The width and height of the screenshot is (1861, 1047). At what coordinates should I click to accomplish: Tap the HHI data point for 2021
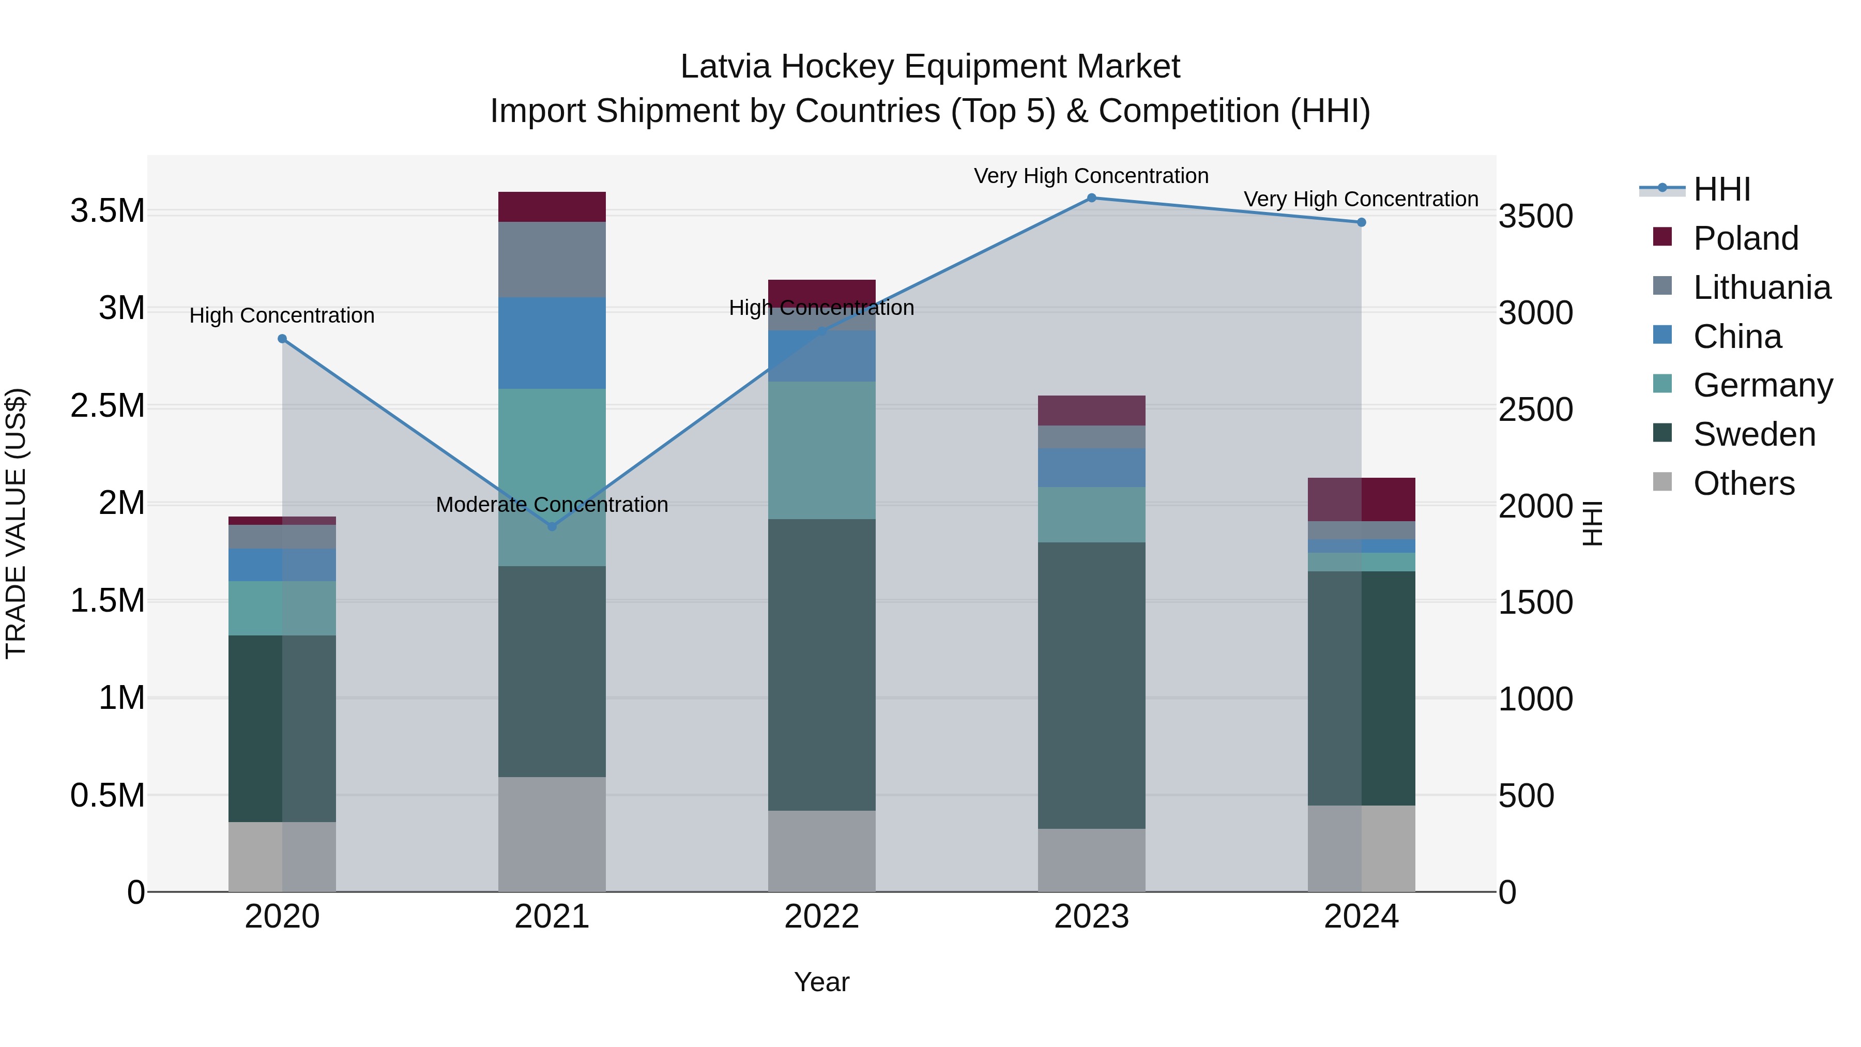552,527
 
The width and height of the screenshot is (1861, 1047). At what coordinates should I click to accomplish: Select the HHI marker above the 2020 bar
282,339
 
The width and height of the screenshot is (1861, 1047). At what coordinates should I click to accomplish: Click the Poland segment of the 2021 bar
552,207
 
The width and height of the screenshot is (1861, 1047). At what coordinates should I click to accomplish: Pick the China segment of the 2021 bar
552,343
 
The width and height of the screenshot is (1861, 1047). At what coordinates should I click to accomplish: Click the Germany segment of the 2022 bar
821,450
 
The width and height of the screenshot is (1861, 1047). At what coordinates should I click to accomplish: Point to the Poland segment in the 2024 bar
1361,499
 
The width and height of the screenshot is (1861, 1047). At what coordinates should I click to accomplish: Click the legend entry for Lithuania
1761,287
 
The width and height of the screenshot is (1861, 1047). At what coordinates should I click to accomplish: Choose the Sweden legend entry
1753,434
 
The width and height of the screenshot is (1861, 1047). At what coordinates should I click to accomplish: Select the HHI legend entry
1721,189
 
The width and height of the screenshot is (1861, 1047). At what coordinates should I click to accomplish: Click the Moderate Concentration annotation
552,504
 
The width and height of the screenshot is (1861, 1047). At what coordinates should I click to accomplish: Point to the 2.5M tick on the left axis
107,406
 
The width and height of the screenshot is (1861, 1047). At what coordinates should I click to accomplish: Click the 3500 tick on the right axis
1535,216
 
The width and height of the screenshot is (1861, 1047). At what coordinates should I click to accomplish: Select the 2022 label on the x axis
821,917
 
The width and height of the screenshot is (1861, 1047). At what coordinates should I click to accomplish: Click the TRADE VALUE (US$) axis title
16,523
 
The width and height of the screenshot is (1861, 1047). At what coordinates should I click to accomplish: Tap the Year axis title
821,982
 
